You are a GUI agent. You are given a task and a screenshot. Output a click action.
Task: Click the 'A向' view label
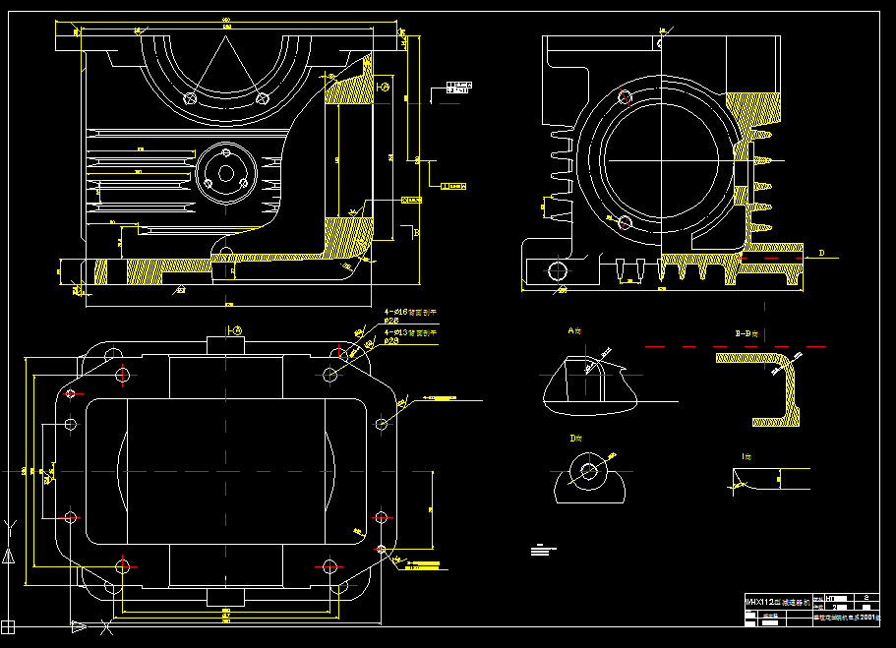click(x=575, y=332)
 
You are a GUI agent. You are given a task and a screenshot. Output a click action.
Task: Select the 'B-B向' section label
click(x=749, y=334)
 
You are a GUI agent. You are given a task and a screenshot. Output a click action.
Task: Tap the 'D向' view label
click(x=575, y=437)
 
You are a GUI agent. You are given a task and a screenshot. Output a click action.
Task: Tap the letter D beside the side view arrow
click(x=821, y=253)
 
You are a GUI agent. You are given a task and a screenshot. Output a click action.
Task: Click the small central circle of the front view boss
click(x=226, y=174)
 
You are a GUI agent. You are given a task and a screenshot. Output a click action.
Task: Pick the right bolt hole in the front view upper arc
click(x=262, y=98)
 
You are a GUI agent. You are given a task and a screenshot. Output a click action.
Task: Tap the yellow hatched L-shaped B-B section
click(x=772, y=383)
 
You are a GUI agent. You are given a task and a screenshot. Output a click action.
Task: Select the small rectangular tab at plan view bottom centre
click(x=225, y=597)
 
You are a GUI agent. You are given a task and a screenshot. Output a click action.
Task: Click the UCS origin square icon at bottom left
click(x=9, y=625)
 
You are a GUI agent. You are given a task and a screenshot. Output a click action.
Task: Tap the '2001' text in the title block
click(x=867, y=619)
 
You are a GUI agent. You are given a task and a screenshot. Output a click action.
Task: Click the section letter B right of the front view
click(x=416, y=233)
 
